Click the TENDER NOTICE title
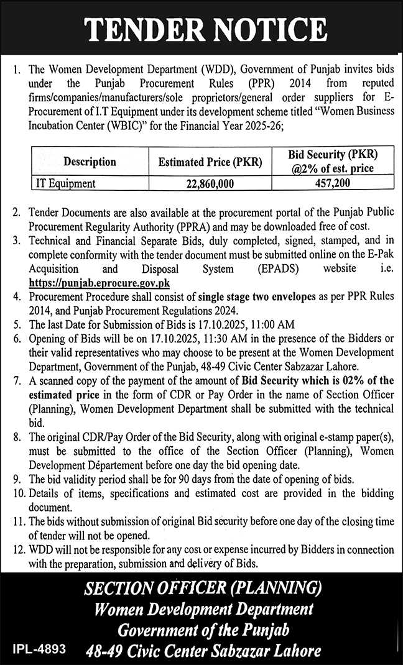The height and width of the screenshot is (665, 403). click(205, 28)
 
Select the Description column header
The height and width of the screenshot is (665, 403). click(90, 162)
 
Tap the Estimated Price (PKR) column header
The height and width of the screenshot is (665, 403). click(210, 162)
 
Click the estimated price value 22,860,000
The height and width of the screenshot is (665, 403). click(210, 183)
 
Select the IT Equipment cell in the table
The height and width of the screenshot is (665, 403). click(65, 183)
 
